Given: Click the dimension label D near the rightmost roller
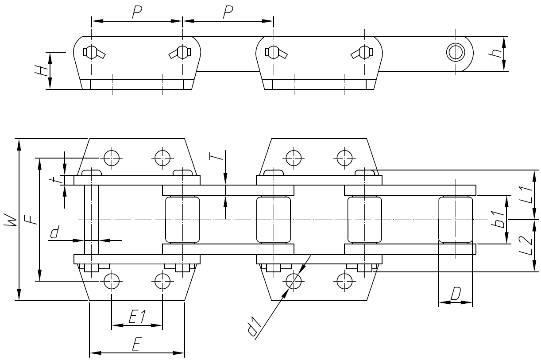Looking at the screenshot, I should coord(456,293).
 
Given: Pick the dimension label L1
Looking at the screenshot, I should coord(525,194).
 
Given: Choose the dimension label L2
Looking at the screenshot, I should coord(525,246).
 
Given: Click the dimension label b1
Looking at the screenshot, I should coord(499,220).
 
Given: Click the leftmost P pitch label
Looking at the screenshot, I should coord(137,12).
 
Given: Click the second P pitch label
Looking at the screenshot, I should coord(228,12).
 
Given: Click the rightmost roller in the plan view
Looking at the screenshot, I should coord(455,220).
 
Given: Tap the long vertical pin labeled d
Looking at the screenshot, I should coord(92,219).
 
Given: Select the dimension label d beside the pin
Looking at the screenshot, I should coord(54,232).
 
